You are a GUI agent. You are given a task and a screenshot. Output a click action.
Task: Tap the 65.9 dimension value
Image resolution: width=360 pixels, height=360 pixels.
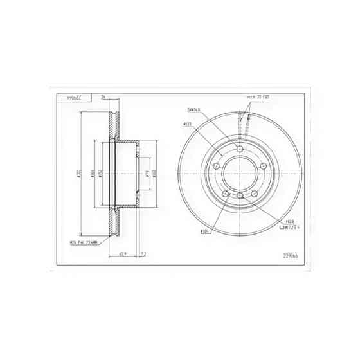click(x=122, y=254)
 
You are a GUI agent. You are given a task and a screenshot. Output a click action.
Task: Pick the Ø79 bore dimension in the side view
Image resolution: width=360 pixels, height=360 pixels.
click(x=147, y=174)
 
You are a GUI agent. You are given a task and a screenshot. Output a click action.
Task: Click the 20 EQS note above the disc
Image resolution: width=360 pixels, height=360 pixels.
click(x=258, y=96)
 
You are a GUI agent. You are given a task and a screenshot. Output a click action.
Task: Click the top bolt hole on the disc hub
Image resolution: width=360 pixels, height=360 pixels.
click(x=240, y=149)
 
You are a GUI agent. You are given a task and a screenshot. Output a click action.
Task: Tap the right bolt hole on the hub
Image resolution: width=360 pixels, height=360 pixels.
click(x=262, y=166)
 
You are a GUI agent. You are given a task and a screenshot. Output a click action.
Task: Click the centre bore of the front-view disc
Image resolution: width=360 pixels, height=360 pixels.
click(x=240, y=174)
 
